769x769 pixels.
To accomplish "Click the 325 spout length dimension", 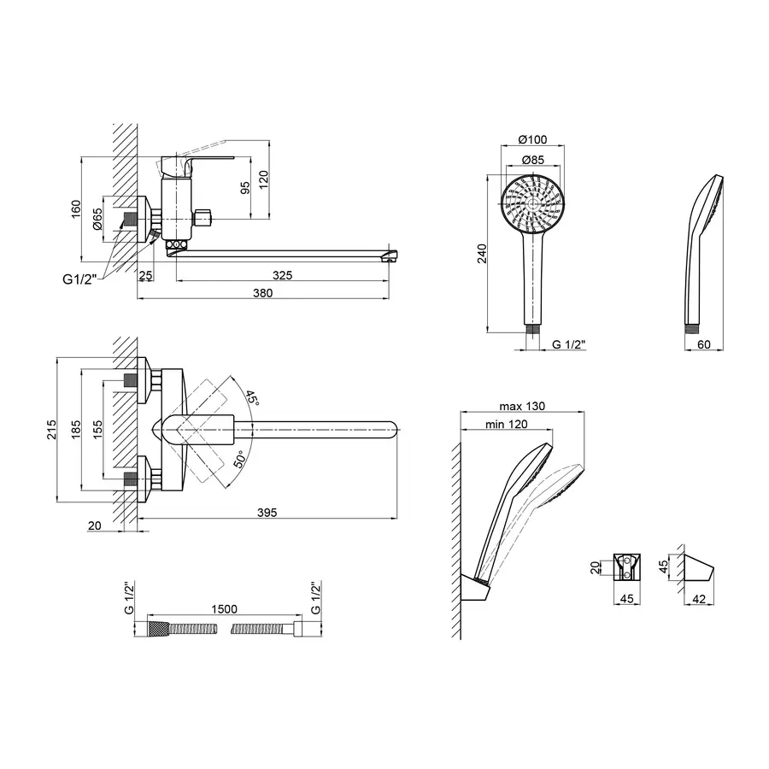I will (x=284, y=275).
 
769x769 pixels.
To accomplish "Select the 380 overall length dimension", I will (x=263, y=293).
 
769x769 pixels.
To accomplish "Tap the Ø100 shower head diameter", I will (x=533, y=141).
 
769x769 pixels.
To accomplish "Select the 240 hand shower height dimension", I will (x=481, y=254).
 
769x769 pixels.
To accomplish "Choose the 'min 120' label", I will (x=505, y=423).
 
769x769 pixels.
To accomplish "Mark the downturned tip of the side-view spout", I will (x=392, y=255).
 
